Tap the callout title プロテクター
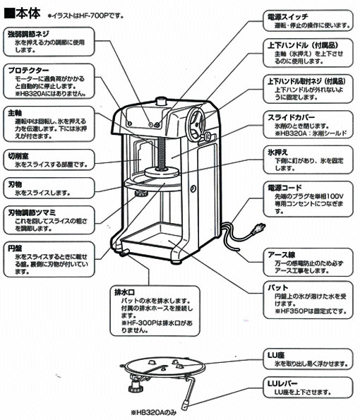coord(30,71)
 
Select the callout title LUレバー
coord(278,383)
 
